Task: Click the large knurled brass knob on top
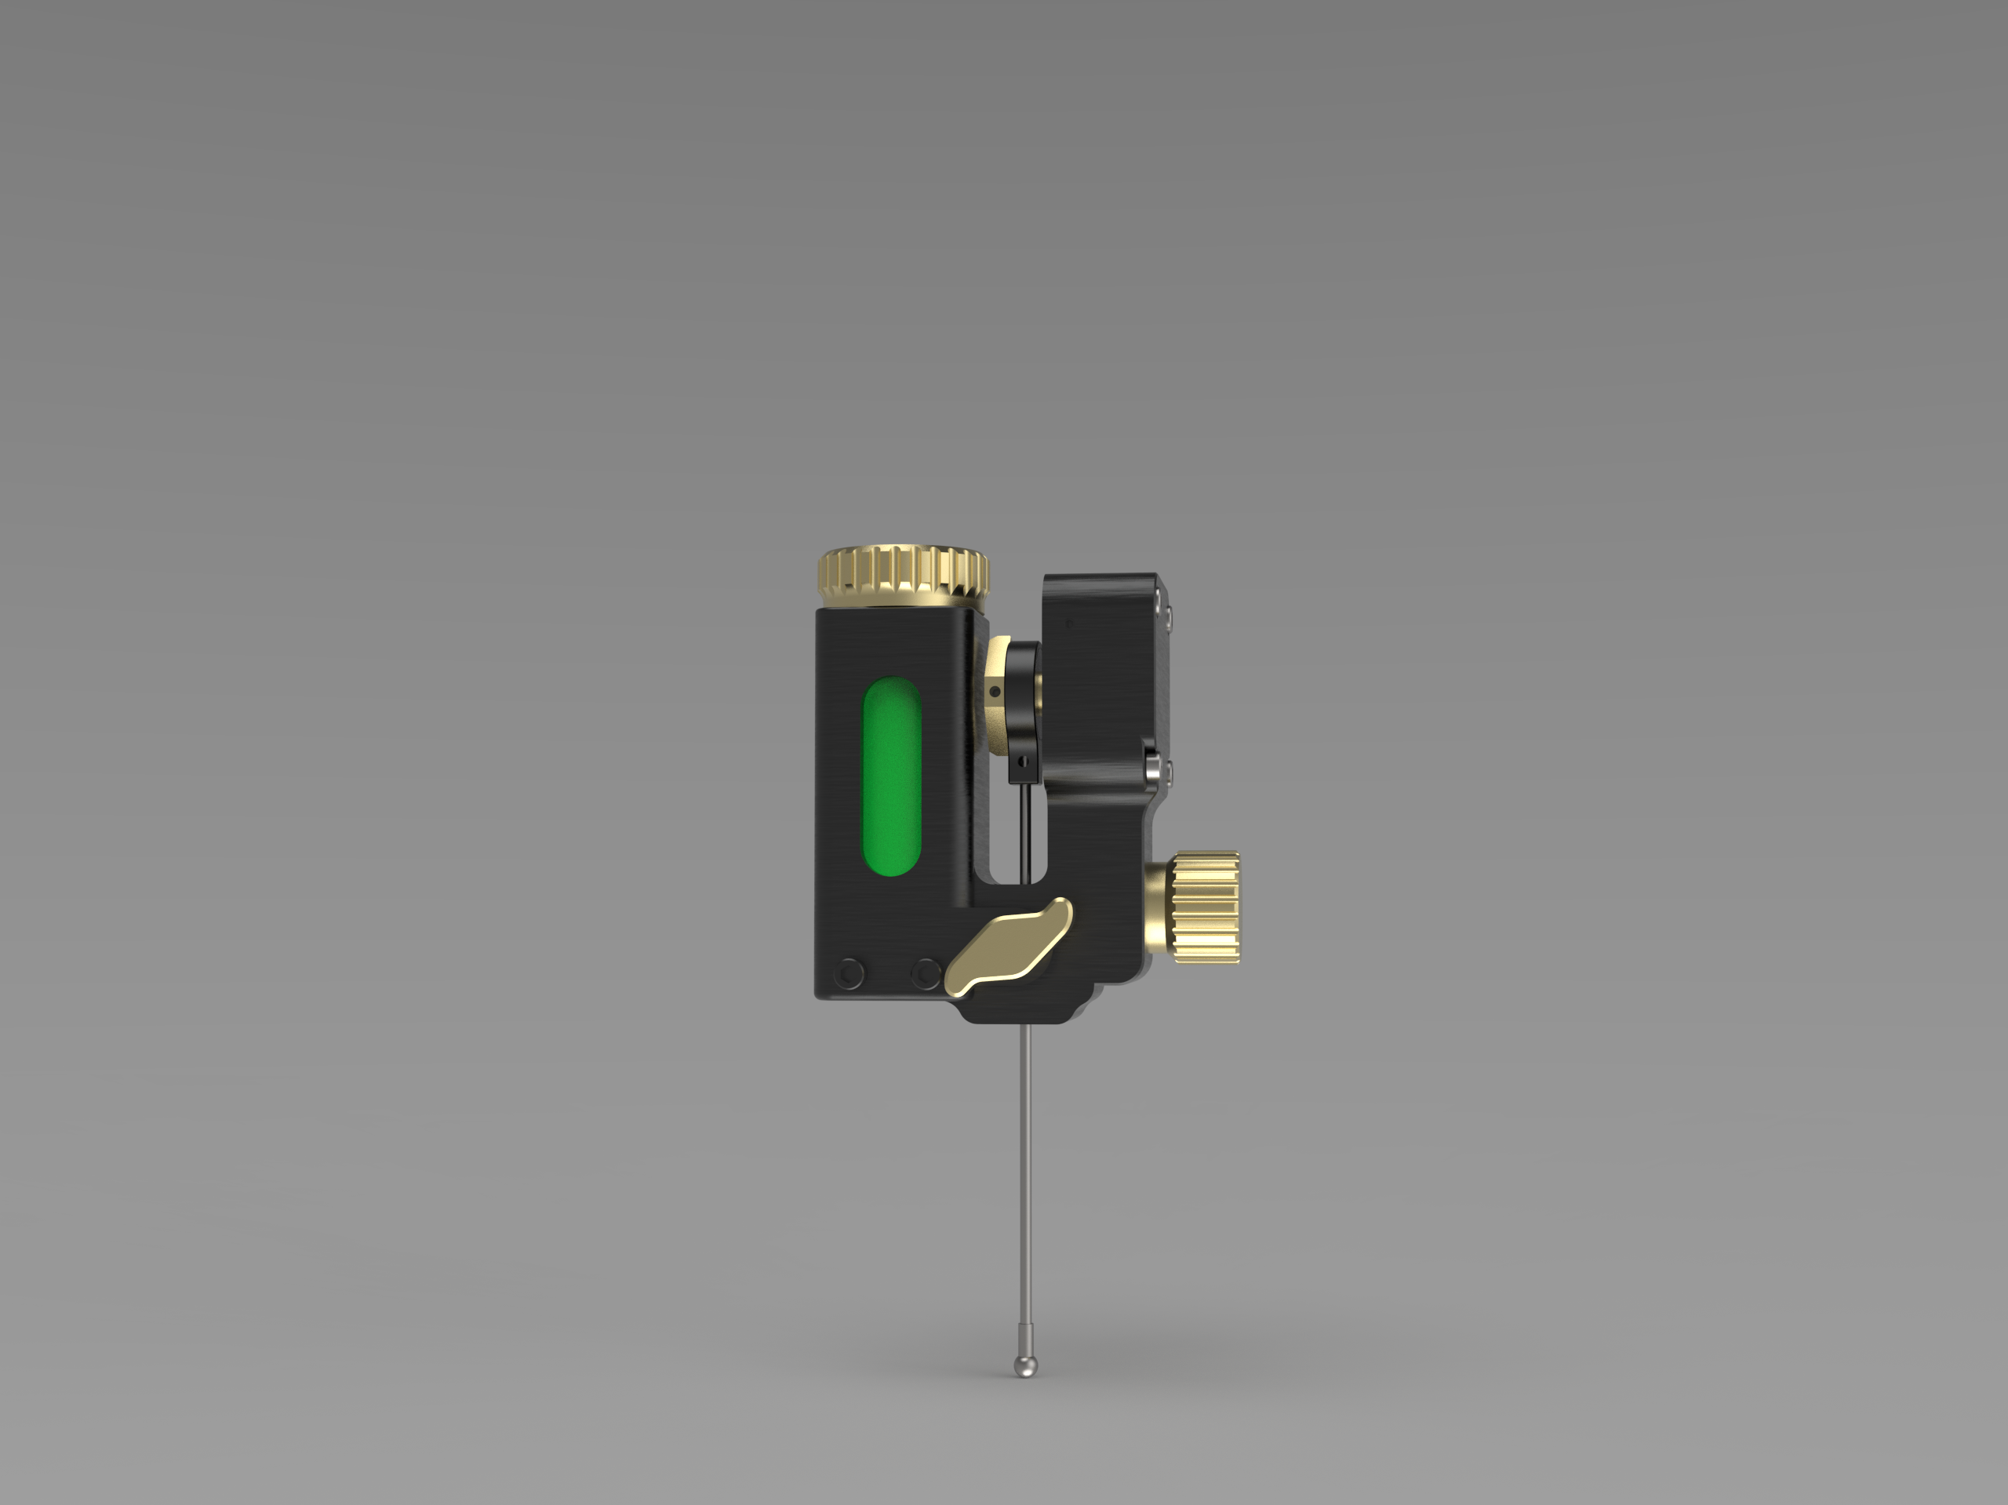[x=904, y=576]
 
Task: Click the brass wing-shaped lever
[x=1008, y=947]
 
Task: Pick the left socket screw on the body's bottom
[x=849, y=973]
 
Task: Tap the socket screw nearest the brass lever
[x=926, y=973]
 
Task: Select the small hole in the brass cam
[x=995, y=693]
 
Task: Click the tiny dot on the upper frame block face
[x=1069, y=623]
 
